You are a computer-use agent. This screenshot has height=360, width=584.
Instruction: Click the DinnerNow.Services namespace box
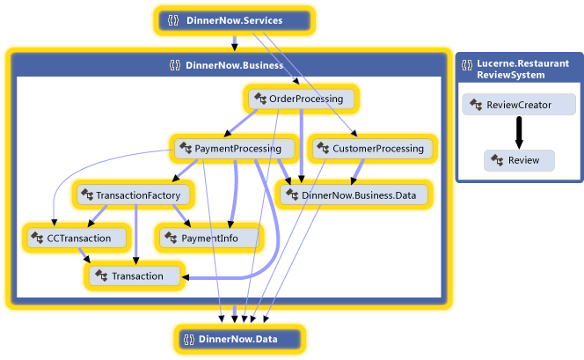(x=233, y=20)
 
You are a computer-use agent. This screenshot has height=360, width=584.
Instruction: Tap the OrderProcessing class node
(x=301, y=99)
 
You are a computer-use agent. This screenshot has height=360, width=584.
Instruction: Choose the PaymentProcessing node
(x=231, y=149)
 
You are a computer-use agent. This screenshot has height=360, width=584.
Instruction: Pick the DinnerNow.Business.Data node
(x=354, y=194)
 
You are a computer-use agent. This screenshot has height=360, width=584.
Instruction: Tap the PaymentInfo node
(x=208, y=238)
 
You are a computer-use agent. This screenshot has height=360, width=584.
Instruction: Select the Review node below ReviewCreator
(x=519, y=160)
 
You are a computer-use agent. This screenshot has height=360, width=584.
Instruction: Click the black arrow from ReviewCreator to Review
(x=519, y=132)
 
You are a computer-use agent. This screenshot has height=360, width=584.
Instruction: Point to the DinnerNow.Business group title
(x=234, y=65)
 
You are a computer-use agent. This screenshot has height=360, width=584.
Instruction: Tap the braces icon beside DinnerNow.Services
(x=173, y=20)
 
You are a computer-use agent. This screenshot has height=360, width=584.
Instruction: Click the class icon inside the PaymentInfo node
(x=170, y=238)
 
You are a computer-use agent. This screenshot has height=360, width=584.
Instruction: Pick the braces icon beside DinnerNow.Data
(x=187, y=339)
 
